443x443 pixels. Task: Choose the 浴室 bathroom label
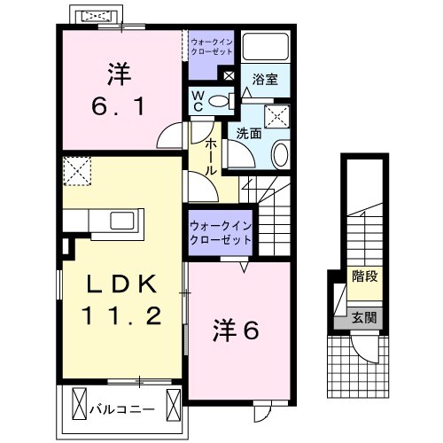click(x=265, y=80)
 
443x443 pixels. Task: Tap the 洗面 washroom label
click(x=248, y=134)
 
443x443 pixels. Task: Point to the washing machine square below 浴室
click(x=278, y=114)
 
